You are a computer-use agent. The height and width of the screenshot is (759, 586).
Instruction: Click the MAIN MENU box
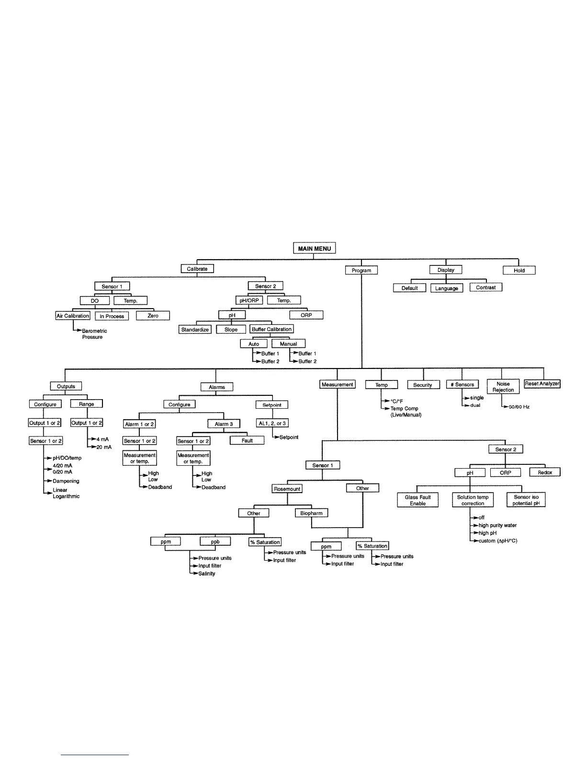[x=314, y=248]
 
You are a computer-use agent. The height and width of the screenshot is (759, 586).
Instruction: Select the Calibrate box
[x=197, y=269]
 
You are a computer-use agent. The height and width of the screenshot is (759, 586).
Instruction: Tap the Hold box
[x=519, y=270]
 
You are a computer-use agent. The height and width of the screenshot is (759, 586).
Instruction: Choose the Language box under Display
[x=447, y=288]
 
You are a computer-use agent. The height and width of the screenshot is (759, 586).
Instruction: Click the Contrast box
[x=486, y=287]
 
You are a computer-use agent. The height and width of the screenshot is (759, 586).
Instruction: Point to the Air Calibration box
[x=73, y=316]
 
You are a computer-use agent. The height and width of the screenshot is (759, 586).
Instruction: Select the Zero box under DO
[x=153, y=316]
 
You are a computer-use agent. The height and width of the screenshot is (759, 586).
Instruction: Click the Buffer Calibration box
[x=271, y=329]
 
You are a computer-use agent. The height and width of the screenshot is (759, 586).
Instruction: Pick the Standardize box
[x=195, y=330]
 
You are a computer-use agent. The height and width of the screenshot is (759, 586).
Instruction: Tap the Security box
[x=423, y=385]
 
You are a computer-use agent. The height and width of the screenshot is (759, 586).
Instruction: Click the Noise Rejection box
[x=503, y=387]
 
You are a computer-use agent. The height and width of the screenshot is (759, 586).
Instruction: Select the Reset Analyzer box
[x=542, y=384]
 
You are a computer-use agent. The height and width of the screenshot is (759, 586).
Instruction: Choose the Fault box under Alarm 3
[x=247, y=440]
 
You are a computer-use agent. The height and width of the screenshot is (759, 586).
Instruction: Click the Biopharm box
[x=312, y=513]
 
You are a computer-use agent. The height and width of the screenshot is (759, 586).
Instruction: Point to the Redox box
[x=545, y=472]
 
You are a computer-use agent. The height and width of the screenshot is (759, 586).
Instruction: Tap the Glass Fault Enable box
[x=418, y=500]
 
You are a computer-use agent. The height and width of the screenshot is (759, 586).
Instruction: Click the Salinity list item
[x=207, y=574]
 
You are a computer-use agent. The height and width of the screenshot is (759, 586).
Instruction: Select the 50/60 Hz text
[x=519, y=407]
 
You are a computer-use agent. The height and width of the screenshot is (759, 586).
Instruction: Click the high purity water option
[x=497, y=525]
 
